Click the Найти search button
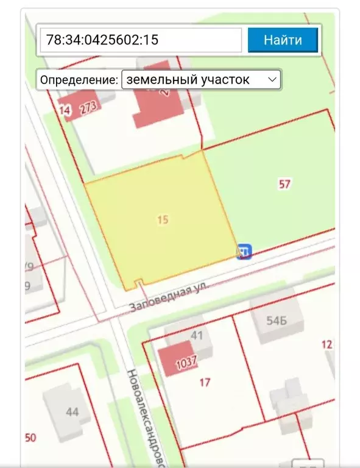[x=283, y=41]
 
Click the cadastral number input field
[x=141, y=41]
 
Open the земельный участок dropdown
[x=201, y=80]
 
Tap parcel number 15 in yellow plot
[x=162, y=220]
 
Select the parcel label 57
[x=284, y=184]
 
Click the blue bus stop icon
[x=245, y=251]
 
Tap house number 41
[x=197, y=335]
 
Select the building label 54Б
[x=276, y=321]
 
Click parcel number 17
[x=205, y=382]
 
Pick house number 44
[x=72, y=412]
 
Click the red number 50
[x=30, y=438]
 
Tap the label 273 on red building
[x=88, y=108]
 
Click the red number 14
[x=65, y=110]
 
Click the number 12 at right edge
[x=327, y=344]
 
